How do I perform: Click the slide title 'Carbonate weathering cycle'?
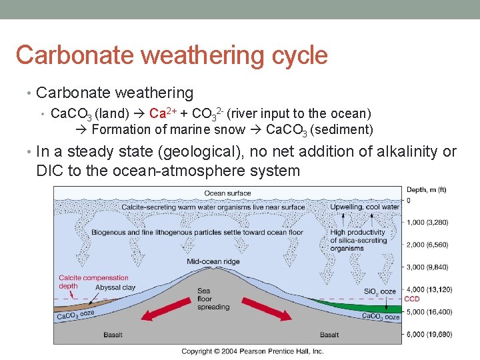[x=171, y=55]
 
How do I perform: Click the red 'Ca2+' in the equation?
[x=163, y=113]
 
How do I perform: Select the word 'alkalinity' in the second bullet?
[x=408, y=151]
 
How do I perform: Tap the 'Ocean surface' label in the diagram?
[x=227, y=193]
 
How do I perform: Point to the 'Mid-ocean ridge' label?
[x=214, y=261]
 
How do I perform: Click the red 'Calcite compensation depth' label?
[x=93, y=281]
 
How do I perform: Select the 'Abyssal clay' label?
[x=115, y=287]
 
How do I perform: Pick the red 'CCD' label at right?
[x=411, y=299]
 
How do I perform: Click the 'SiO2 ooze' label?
[x=379, y=292]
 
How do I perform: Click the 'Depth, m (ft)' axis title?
[x=426, y=190]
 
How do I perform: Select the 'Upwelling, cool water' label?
[x=364, y=207]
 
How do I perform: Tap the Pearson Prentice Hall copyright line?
[x=252, y=351]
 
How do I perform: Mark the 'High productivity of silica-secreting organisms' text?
[x=358, y=240]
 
